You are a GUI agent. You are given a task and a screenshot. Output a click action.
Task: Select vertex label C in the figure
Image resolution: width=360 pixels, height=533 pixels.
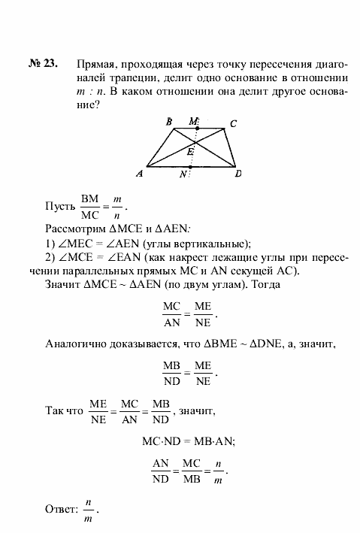[x=234, y=123]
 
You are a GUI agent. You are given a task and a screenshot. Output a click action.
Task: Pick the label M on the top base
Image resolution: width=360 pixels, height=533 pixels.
[x=194, y=120]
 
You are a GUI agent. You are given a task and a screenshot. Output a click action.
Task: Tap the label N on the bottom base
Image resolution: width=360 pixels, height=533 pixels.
[x=183, y=174]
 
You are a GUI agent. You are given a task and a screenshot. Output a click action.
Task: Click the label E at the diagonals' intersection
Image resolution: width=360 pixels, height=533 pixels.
[x=192, y=151]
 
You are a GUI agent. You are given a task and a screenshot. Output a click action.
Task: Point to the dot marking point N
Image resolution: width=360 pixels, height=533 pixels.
[x=191, y=167]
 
